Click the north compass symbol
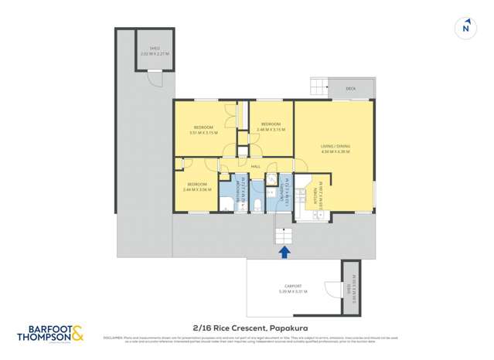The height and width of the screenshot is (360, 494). tap(465, 28)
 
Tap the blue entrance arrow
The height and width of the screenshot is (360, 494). tap(284, 251)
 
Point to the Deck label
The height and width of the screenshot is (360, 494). tap(350, 89)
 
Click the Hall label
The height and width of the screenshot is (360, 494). tap(255, 165)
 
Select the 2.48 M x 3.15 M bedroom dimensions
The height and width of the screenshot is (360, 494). tap(270, 129)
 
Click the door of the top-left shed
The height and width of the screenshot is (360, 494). tap(155, 80)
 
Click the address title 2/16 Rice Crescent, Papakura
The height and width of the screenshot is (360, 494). tap(246, 328)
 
